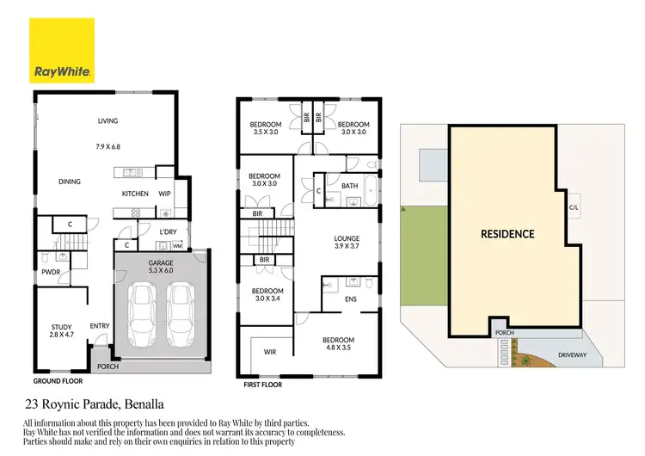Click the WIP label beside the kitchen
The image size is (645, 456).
[164, 194]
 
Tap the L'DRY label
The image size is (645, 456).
[169, 232]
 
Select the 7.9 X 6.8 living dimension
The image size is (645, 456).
[107, 146]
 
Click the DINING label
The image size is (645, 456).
[70, 182]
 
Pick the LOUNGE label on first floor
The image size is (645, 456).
[347, 238]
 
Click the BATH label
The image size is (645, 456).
[349, 185]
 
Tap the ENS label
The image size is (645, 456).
[350, 299]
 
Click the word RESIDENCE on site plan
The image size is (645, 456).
[507, 233]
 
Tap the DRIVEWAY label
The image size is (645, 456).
[582, 353]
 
